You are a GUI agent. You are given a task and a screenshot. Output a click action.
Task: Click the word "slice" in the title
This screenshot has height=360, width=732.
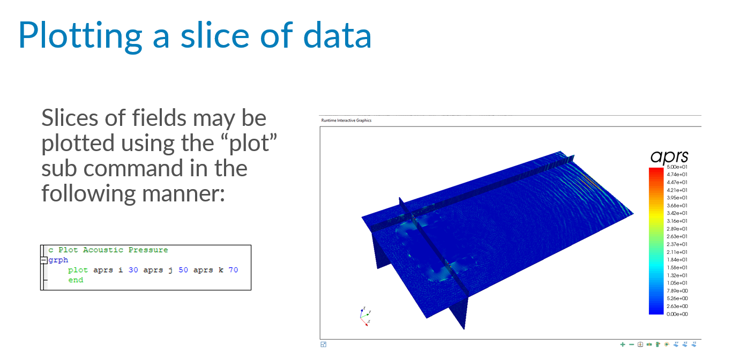point(215,35)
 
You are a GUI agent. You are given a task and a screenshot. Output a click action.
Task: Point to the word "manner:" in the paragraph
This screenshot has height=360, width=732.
point(183,193)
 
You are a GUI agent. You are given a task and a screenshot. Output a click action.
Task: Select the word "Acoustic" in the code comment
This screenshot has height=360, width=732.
point(103,250)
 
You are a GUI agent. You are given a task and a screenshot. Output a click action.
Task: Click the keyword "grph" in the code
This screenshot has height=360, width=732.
point(58,260)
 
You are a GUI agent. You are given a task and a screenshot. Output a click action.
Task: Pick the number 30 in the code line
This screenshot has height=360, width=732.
point(133,270)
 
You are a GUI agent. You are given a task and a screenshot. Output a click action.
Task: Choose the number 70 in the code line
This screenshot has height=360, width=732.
point(233,270)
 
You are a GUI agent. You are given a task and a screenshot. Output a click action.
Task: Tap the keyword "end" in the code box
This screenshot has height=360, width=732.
point(76,280)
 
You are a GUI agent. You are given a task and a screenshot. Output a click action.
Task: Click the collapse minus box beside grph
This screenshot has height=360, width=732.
point(44,260)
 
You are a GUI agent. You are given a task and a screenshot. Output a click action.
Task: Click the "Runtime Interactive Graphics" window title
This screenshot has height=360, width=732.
point(346,120)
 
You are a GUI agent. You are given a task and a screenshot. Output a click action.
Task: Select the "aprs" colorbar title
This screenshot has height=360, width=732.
point(669,156)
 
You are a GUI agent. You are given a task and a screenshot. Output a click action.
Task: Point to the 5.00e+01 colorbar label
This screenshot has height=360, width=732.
point(677,167)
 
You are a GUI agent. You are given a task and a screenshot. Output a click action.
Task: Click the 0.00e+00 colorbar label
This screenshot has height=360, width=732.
point(677,314)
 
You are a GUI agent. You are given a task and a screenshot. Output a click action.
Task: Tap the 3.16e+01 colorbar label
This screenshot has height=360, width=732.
point(677,221)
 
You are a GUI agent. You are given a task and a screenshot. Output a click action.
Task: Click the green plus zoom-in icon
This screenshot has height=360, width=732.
point(623,344)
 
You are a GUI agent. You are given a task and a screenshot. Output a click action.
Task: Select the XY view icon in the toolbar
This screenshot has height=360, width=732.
point(676,344)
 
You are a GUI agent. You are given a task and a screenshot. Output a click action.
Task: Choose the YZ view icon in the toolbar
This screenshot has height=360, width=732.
point(694,344)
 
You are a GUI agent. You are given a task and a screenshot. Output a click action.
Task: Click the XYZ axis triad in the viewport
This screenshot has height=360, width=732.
point(365,316)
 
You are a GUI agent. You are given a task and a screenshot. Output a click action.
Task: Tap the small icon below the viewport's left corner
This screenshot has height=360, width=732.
point(324,344)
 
